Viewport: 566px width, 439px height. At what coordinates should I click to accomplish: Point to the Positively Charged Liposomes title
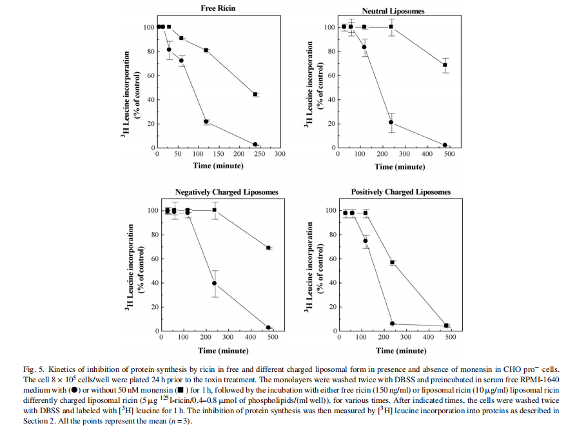pyautogui.click(x=401, y=192)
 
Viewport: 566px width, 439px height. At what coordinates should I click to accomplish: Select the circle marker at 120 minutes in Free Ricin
pyautogui.click(x=206, y=121)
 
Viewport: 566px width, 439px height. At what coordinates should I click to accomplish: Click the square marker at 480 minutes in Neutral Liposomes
pyautogui.click(x=445, y=65)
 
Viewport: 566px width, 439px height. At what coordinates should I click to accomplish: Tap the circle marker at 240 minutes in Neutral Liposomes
pyautogui.click(x=391, y=122)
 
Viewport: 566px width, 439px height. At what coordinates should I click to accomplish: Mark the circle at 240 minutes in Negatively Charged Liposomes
pyautogui.click(x=215, y=283)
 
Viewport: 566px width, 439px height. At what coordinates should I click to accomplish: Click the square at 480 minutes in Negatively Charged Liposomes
pyautogui.click(x=268, y=248)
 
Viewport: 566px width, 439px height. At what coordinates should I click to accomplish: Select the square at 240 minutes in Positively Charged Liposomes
pyautogui.click(x=392, y=262)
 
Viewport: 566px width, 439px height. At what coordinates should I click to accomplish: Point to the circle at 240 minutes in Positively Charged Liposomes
pyautogui.click(x=392, y=324)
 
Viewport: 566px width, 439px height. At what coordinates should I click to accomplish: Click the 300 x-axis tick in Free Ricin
pyautogui.click(x=280, y=155)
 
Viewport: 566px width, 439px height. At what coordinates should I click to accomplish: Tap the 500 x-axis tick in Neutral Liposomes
pyautogui.click(x=449, y=155)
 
